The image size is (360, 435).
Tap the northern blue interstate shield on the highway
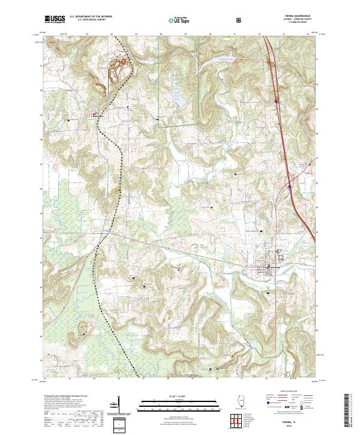click(275, 101)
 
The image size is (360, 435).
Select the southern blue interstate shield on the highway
click(290, 186)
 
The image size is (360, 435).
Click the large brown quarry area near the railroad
click(119, 66)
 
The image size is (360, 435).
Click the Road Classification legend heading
click(287, 394)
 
